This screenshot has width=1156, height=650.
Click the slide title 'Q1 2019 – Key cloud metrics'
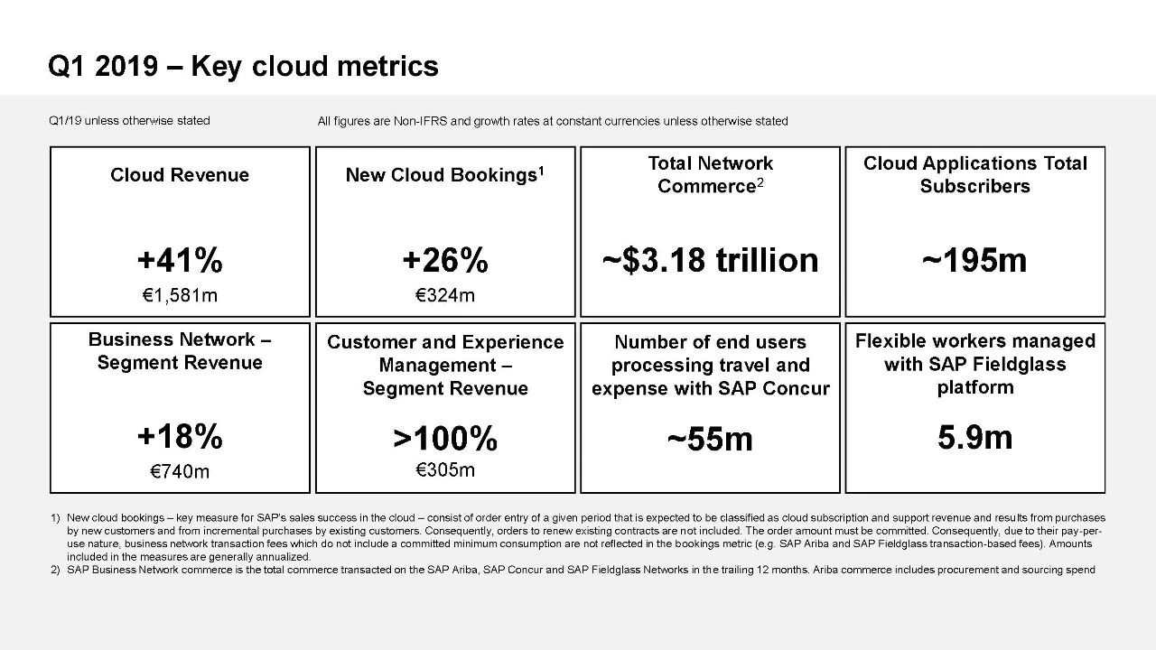tap(243, 66)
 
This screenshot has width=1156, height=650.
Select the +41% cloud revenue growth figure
tap(180, 261)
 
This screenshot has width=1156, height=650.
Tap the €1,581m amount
tap(180, 295)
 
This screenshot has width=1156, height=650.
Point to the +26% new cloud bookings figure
tap(444, 261)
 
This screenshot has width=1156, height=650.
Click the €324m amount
tap(444, 295)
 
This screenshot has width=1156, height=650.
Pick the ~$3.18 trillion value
tap(710, 260)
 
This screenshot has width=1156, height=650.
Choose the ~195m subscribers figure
tap(974, 260)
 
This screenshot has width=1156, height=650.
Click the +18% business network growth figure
tap(180, 437)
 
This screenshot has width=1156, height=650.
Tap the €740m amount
tap(180, 471)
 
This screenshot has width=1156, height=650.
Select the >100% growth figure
tap(444, 439)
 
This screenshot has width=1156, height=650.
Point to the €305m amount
tap(444, 469)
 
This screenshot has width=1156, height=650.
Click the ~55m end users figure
tap(710, 439)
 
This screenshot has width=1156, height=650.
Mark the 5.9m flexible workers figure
tap(974, 437)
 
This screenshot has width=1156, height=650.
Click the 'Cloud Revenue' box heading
tap(180, 175)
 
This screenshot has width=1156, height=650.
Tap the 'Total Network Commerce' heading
tap(710, 174)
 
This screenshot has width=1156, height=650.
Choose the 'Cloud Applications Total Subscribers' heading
tap(974, 174)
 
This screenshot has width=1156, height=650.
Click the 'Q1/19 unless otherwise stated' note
tap(129, 120)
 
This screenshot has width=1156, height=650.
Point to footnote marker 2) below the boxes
tap(55, 570)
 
